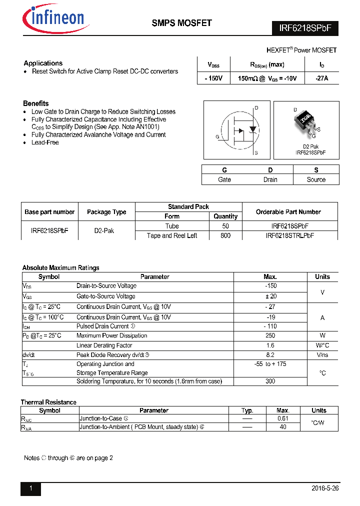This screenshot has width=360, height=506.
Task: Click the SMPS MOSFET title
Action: (181, 23)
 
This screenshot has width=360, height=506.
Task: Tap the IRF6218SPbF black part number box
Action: (305, 28)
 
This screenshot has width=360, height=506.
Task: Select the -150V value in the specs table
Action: (213, 78)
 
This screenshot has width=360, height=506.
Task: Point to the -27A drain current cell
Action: (321, 78)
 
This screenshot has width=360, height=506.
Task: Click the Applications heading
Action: (43, 63)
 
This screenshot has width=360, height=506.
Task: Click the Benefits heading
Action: (36, 103)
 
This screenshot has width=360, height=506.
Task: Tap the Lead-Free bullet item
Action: (45, 142)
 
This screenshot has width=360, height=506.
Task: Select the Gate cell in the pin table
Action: (224, 179)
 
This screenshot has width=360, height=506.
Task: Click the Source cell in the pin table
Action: (316, 179)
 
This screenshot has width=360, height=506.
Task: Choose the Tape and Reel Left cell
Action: (172, 235)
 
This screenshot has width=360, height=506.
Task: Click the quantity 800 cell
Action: (225, 235)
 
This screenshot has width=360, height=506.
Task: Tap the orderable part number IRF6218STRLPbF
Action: (289, 235)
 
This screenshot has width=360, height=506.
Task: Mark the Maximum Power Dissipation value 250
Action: (270, 336)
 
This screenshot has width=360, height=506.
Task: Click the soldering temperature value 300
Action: (270, 381)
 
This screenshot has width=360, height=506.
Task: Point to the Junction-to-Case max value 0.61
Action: (283, 418)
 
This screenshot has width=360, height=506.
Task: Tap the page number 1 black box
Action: (30, 489)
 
